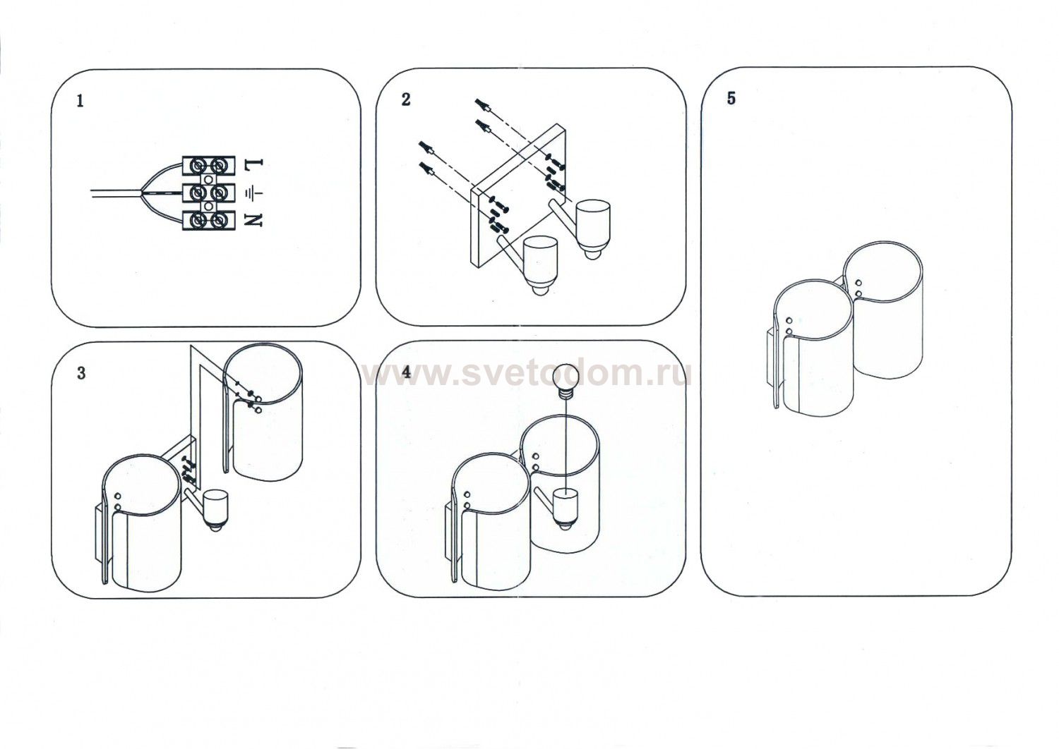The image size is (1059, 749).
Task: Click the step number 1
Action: click(80, 101)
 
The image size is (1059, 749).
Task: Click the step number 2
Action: click(406, 99)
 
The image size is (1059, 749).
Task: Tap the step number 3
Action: click(81, 373)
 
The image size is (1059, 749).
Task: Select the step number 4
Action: click(406, 372)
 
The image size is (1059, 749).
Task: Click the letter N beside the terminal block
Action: click(253, 220)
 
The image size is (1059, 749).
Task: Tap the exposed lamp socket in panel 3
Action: click(215, 511)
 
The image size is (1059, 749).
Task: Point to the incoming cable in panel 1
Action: click(116, 193)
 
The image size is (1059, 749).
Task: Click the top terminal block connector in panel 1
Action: click(209, 165)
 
